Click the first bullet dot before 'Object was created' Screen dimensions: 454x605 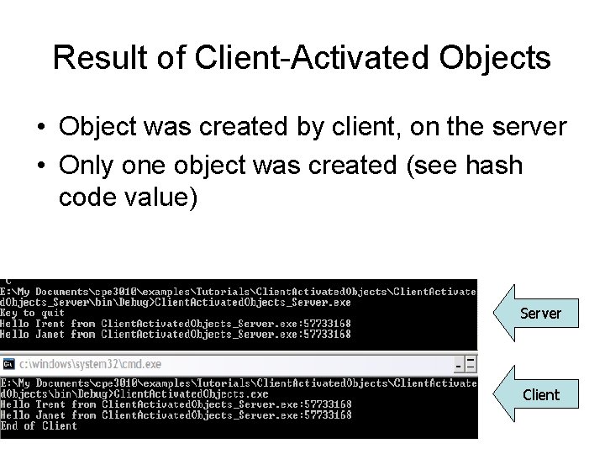(x=40, y=127)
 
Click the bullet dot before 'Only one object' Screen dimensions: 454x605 (x=40, y=166)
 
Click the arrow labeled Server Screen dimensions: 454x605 (x=537, y=313)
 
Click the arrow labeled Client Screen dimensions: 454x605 (x=537, y=393)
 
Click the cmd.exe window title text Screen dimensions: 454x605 (x=91, y=364)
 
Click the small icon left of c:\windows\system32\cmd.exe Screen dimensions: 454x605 (x=8, y=364)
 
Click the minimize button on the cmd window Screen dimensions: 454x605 (x=459, y=364)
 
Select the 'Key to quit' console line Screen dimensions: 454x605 (x=33, y=313)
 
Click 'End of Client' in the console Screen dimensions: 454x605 (x=39, y=425)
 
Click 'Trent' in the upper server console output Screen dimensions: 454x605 (x=50, y=324)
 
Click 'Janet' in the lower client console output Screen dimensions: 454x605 (x=50, y=414)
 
